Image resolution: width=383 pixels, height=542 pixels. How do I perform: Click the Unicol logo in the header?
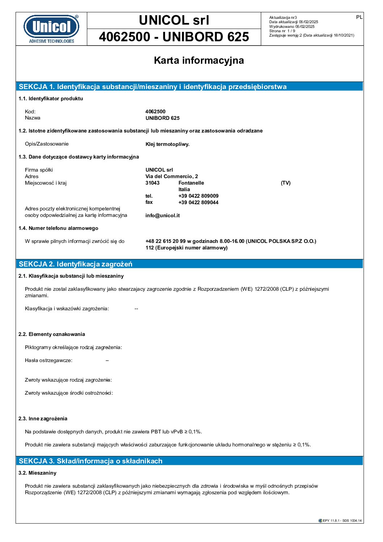point(51,29)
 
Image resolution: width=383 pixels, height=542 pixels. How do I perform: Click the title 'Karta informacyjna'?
point(199,60)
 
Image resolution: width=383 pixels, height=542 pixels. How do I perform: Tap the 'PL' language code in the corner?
point(359,17)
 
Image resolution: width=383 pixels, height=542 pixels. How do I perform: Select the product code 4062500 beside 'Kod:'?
point(155,112)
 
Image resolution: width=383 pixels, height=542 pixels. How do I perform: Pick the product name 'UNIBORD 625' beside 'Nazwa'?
point(163,118)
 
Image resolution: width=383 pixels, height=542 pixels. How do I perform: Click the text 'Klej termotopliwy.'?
point(167,144)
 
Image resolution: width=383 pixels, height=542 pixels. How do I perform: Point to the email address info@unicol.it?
point(163,215)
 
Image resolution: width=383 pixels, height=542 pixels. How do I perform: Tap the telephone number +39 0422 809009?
point(198,196)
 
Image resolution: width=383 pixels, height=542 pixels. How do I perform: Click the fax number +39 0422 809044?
point(198,202)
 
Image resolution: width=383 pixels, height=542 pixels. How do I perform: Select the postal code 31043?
point(152,183)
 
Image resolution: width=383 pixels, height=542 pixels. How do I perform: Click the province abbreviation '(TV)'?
point(286,183)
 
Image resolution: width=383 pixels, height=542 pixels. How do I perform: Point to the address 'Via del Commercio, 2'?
point(172,176)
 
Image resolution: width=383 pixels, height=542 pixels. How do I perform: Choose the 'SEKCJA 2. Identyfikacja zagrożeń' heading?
point(76,264)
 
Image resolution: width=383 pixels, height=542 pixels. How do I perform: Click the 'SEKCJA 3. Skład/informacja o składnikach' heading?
point(91,461)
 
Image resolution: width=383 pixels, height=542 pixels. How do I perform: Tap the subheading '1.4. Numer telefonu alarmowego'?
point(58,228)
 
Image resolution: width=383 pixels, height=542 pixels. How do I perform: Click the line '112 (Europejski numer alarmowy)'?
point(186,248)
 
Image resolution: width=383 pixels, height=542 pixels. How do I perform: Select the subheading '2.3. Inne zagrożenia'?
point(43,419)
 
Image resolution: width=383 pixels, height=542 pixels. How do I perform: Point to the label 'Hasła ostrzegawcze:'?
point(49,360)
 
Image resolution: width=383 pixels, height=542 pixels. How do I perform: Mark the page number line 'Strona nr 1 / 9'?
point(282,31)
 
